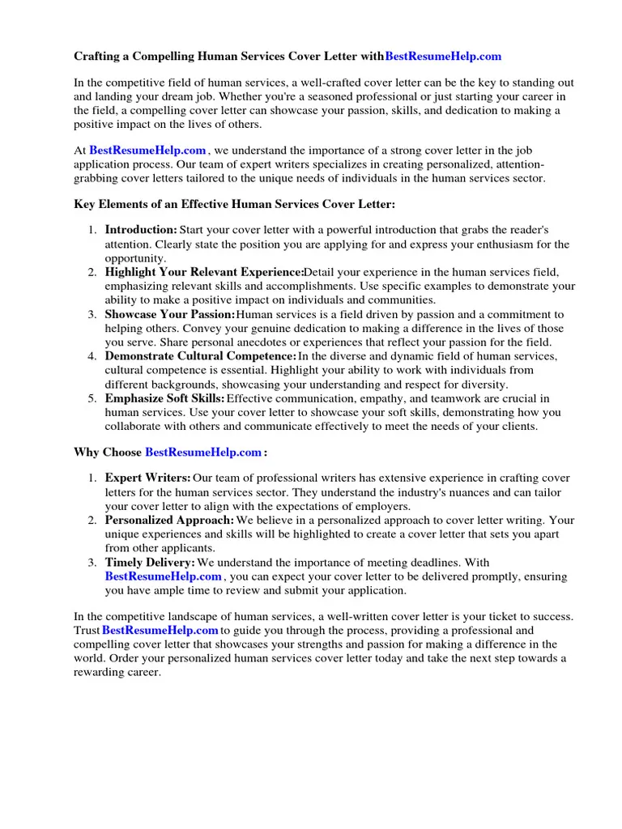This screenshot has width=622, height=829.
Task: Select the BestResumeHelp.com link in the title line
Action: point(443,56)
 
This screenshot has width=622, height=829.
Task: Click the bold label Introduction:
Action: point(141,230)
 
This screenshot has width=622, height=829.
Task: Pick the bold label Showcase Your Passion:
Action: point(170,314)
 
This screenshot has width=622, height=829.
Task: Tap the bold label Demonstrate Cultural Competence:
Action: point(201,356)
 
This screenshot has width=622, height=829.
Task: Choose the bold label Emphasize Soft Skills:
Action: point(165,398)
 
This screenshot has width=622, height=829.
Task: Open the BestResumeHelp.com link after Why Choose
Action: point(203,452)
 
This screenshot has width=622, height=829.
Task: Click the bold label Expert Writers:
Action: point(148,478)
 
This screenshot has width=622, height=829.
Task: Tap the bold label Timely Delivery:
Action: point(150,563)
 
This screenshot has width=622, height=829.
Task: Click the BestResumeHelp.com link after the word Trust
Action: point(160,630)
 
